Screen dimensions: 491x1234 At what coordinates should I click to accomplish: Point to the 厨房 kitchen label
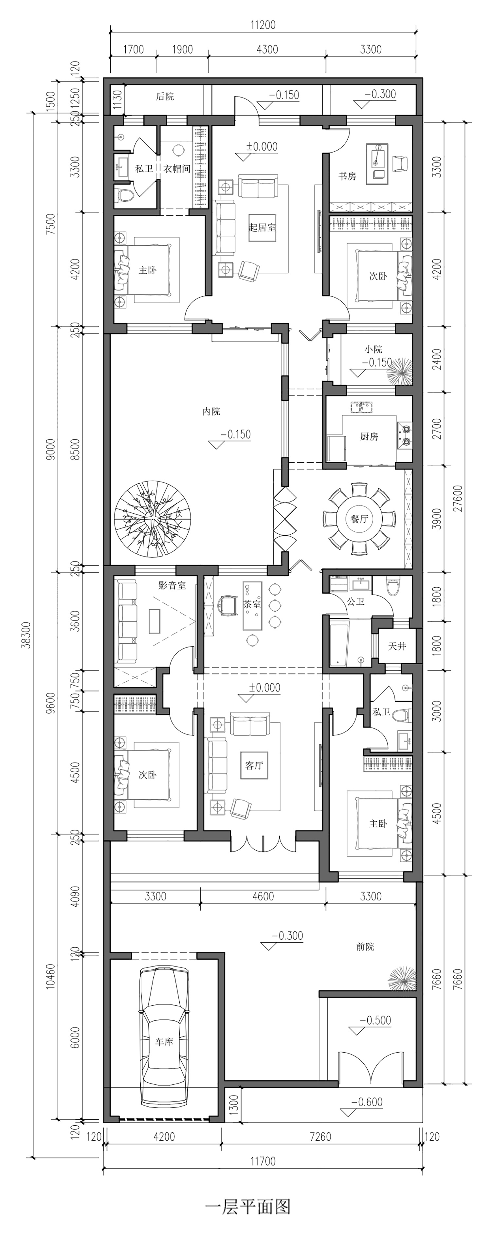tap(369, 436)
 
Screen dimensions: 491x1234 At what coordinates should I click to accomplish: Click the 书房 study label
tap(347, 176)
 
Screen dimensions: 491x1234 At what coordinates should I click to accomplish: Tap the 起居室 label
tap(263, 227)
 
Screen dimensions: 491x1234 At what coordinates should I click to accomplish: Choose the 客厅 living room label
tap(254, 765)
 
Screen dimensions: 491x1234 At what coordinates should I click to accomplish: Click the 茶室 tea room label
tap(252, 604)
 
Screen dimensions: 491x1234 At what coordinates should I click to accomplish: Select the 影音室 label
tap(172, 585)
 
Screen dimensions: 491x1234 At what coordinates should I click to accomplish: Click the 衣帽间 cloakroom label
tap(177, 169)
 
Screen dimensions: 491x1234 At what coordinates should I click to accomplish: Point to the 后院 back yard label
tap(165, 96)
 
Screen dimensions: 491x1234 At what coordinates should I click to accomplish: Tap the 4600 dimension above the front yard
tap(263, 896)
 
